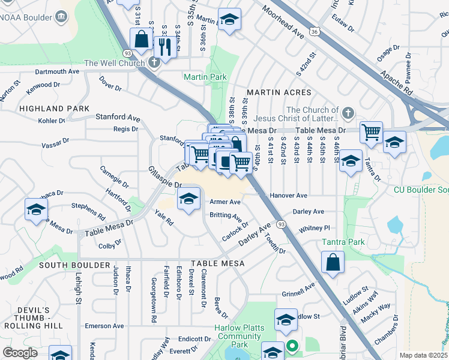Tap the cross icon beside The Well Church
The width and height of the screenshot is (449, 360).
tap(154, 62)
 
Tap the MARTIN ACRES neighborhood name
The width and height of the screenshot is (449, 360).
tap(279, 92)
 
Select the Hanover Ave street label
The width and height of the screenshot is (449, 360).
tap(288, 196)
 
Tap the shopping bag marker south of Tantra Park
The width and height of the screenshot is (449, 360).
tap(333, 262)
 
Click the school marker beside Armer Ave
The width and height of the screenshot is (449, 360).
tap(189, 199)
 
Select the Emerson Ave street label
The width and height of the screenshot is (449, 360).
tap(104, 326)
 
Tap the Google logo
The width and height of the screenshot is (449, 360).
tap(20, 353)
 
